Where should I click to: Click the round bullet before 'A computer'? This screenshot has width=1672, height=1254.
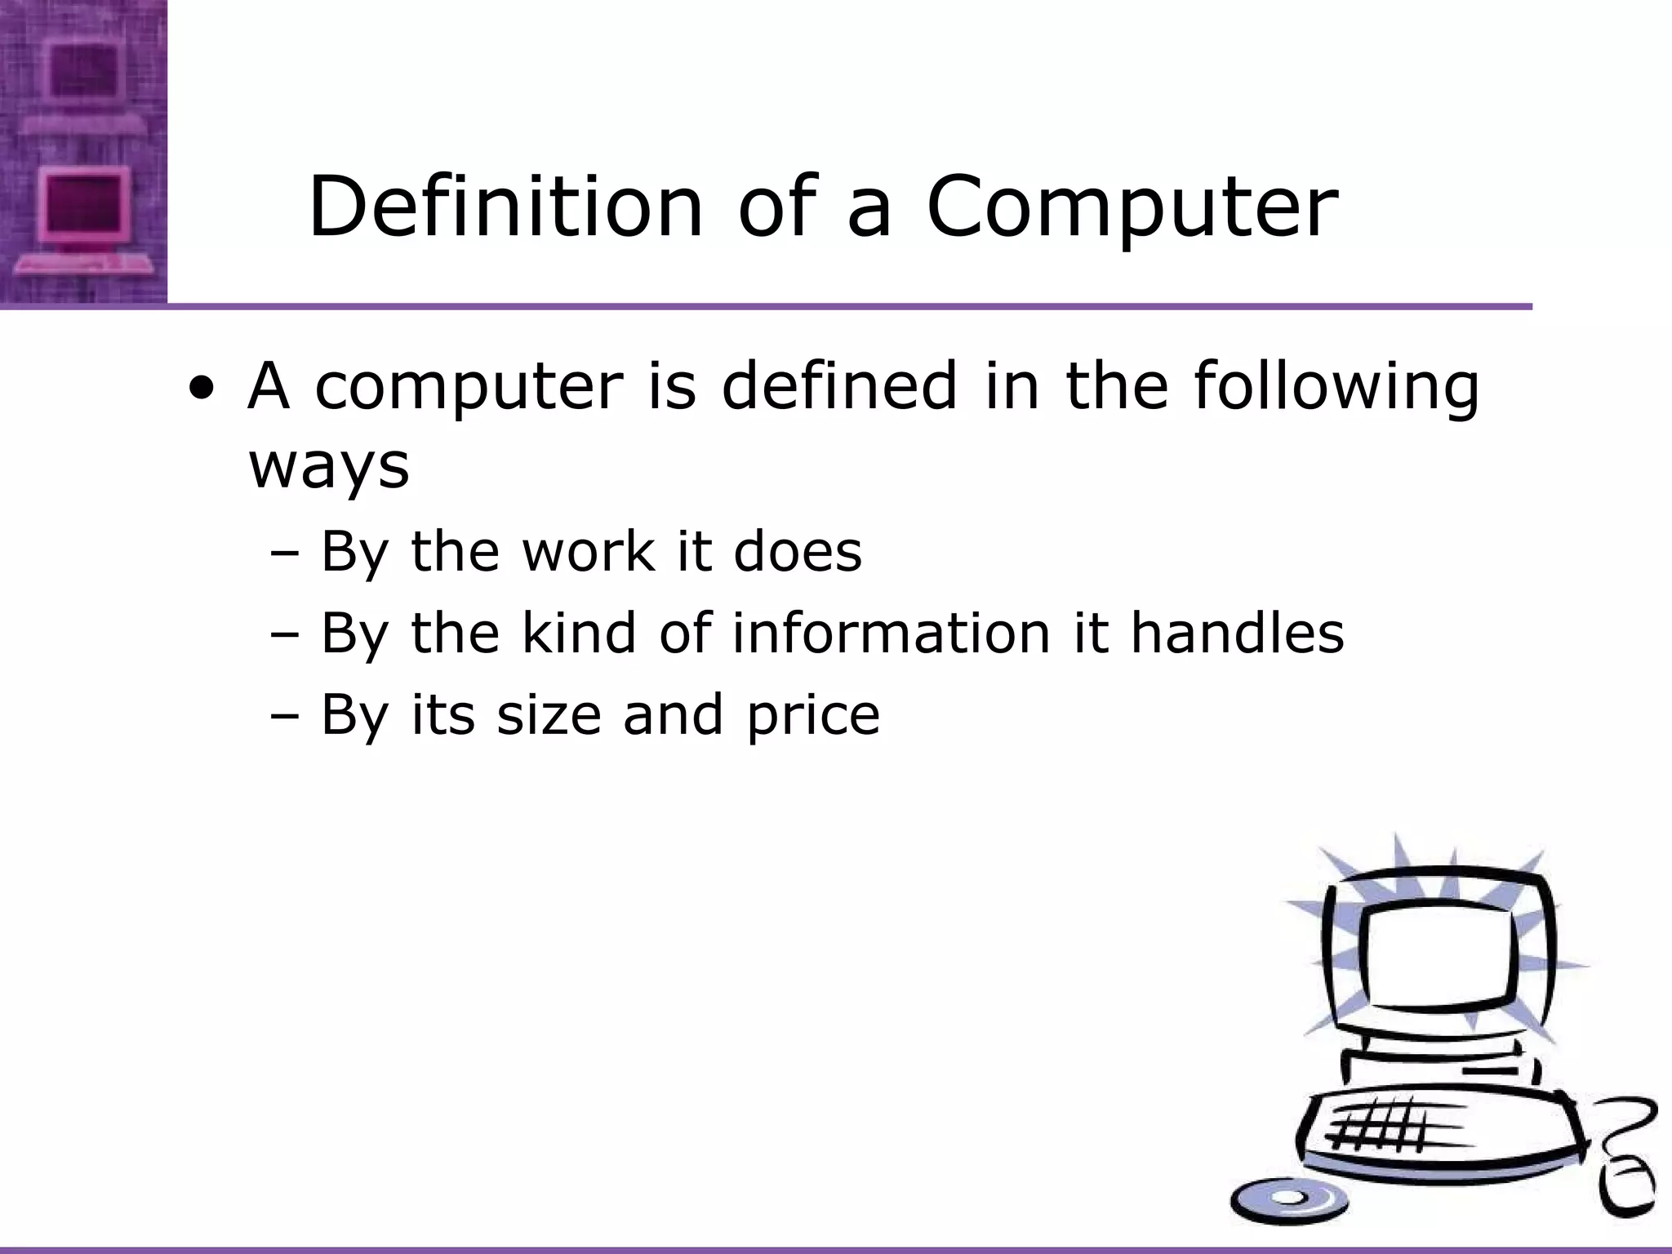coord(202,389)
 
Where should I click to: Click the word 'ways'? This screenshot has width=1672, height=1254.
coord(328,467)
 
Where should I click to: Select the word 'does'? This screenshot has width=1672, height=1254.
coord(797,551)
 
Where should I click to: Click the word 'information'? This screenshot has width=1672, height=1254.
coord(891,633)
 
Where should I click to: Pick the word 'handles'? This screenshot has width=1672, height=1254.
coord(1236,633)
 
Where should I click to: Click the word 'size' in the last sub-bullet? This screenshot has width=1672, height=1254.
coord(549,714)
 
